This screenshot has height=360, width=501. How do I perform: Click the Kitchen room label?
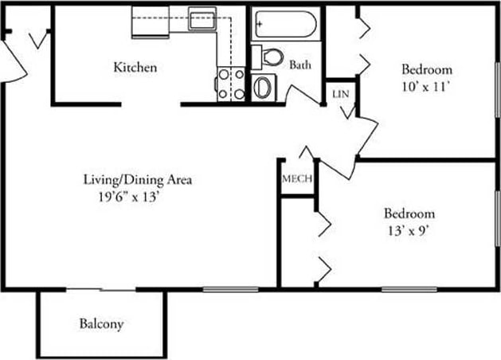135,68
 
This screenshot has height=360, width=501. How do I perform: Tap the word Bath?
300,65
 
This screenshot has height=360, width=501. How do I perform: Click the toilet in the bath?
272,57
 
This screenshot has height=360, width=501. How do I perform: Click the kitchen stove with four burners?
230,84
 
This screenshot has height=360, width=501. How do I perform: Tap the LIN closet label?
340,93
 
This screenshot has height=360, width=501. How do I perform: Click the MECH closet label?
296,178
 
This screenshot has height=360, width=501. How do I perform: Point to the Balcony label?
101,324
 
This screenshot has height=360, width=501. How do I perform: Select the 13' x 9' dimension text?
409,230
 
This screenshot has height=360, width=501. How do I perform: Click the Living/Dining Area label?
138,179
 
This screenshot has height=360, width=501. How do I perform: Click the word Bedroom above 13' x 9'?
409,213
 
